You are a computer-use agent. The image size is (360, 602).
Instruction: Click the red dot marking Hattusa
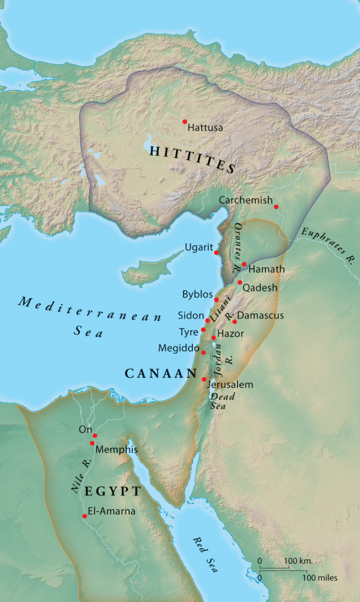pos(185,121)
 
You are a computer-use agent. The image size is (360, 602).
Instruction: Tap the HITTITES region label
pos(192,159)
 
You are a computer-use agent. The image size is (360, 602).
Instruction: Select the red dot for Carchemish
pos(276,207)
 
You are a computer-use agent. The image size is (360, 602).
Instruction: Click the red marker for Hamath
pos(244,265)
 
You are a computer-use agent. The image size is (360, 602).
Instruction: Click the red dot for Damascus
pos(235,321)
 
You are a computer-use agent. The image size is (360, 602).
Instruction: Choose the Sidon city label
pos(191,315)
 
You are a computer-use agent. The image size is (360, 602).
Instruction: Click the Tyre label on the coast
pos(188,332)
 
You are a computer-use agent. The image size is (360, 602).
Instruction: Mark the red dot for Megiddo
pos(204,352)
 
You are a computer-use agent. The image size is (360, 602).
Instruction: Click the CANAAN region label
pos(160,373)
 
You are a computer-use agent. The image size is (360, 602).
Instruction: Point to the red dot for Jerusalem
pos(204,379)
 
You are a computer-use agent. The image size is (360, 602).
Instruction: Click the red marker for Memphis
pos(92,443)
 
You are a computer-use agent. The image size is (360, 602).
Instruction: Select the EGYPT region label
pos(112,491)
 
